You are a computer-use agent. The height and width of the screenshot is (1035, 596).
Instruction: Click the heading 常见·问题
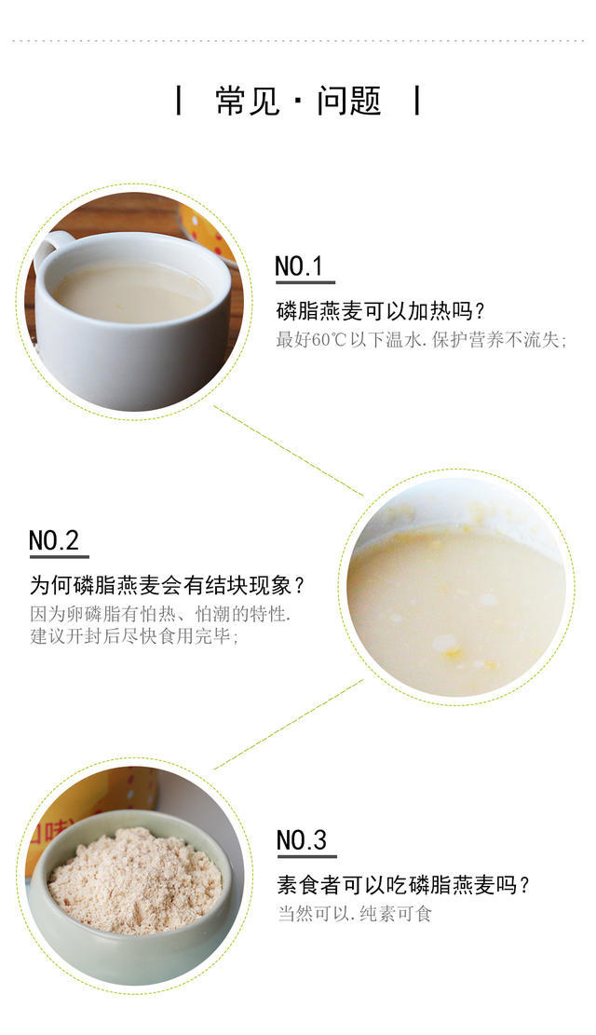(x=298, y=101)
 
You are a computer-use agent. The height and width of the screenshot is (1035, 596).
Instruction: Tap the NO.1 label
(x=298, y=266)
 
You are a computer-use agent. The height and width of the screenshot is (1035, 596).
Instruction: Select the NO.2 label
(x=54, y=540)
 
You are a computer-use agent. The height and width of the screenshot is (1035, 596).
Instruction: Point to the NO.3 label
(x=302, y=840)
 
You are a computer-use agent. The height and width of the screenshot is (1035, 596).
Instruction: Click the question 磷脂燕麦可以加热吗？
(x=381, y=310)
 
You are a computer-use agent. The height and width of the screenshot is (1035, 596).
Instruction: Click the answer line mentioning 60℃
(x=421, y=340)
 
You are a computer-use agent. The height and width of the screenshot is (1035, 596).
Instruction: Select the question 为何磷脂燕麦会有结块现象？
(x=168, y=585)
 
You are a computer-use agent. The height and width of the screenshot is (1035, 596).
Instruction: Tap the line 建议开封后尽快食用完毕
(x=134, y=637)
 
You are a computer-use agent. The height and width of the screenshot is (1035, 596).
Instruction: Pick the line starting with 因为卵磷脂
(x=160, y=614)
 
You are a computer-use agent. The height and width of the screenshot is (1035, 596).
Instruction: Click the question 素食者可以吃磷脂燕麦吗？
(x=402, y=885)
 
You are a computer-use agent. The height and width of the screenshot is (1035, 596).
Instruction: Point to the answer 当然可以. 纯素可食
(x=354, y=914)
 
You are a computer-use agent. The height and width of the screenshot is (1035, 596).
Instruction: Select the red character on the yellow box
(x=44, y=835)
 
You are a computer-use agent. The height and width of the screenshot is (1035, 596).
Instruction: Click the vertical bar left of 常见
(x=179, y=101)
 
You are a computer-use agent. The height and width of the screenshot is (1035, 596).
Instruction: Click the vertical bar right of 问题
(x=417, y=101)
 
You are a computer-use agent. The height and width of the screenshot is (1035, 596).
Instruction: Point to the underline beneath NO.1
(x=305, y=282)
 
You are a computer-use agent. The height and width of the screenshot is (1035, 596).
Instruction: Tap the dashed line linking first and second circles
(x=289, y=451)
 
